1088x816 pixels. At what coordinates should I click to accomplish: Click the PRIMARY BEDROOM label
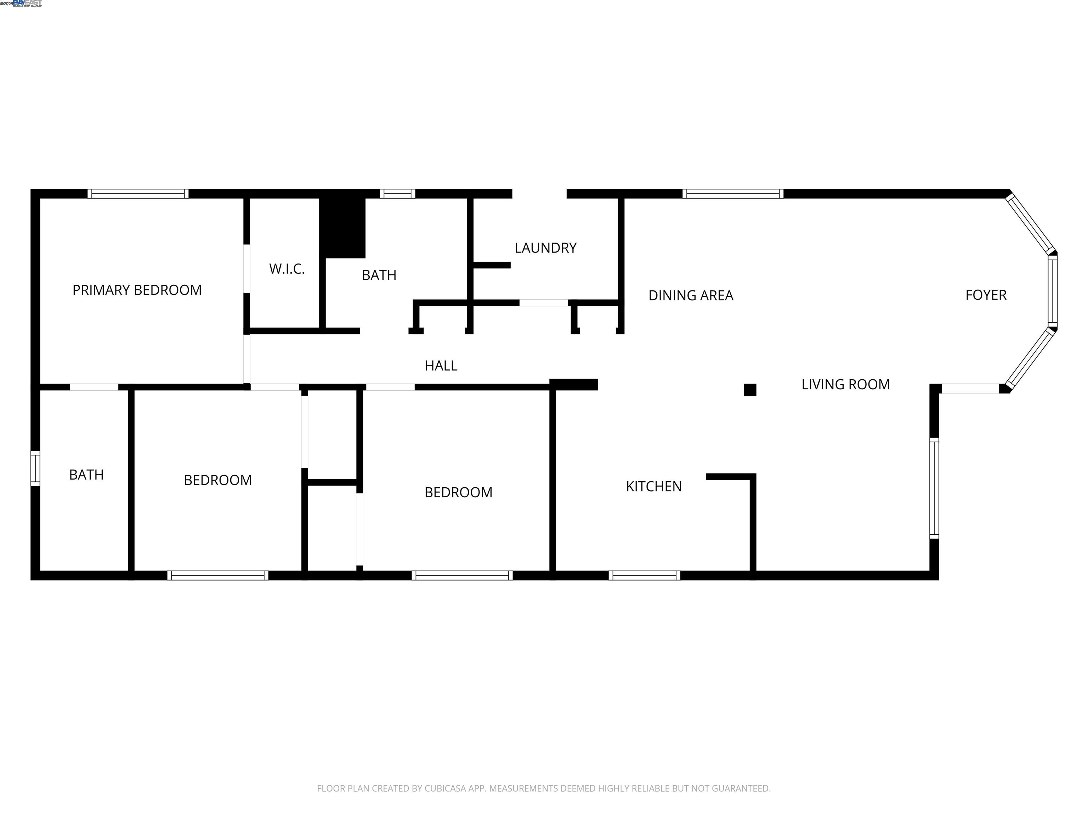pos(137,290)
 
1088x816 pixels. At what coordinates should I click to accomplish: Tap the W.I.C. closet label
pos(287,269)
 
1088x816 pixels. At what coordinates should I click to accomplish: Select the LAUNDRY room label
pos(545,248)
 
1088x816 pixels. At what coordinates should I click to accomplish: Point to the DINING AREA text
pos(691,296)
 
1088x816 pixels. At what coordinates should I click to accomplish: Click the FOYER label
pos(986,295)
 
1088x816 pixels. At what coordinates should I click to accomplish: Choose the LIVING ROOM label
pos(845,385)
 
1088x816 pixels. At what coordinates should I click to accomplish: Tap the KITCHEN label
pos(654,487)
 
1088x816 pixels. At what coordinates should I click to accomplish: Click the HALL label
pos(441,366)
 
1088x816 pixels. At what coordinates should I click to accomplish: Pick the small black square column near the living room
pos(750,390)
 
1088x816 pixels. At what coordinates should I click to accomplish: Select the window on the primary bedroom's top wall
pos(138,194)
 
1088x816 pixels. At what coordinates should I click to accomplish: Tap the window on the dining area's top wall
pos(732,194)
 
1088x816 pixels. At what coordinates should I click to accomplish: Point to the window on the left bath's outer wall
pos(35,468)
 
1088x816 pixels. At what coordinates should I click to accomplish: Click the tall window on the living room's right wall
pos(934,488)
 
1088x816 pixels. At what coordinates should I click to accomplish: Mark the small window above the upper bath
pos(397,194)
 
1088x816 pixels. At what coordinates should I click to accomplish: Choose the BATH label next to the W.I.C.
pos(379,276)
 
